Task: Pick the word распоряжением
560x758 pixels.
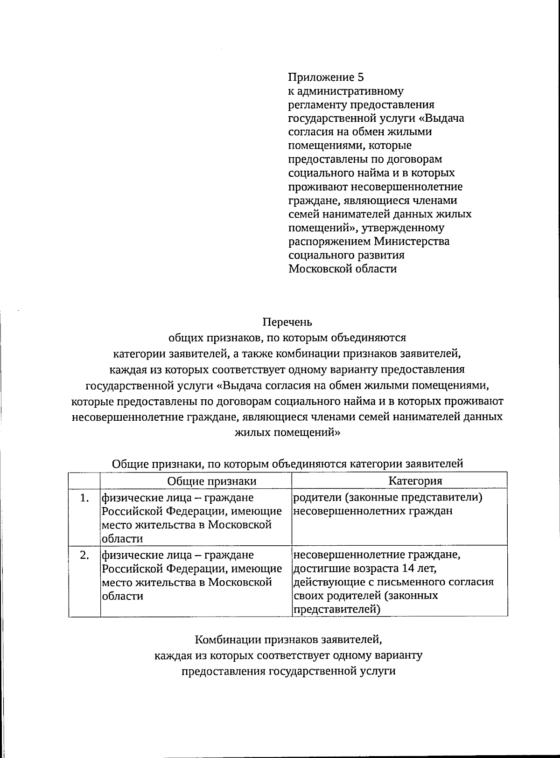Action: point(329,242)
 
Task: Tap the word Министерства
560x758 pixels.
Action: point(412,242)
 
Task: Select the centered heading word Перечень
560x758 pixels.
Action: point(287,322)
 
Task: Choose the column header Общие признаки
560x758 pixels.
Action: point(212,481)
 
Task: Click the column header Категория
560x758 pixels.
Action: point(415,481)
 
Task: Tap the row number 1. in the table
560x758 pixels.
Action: point(84,498)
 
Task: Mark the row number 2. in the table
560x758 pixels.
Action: point(84,555)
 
